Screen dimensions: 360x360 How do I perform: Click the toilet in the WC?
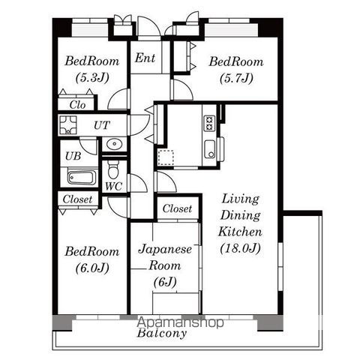tap(114, 169)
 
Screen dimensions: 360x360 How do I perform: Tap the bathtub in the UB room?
tap(82, 177)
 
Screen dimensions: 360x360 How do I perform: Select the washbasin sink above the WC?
tap(114, 144)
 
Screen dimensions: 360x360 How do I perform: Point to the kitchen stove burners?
tap(209, 123)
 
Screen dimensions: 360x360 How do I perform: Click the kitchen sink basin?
tap(209, 149)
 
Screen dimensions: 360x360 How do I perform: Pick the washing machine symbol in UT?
tap(67, 124)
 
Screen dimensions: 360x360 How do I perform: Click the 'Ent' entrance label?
tap(145, 58)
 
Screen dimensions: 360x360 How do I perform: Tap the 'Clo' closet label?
tap(77, 105)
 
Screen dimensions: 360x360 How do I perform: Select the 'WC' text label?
tap(114, 186)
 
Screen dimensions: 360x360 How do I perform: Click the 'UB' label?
tap(73, 156)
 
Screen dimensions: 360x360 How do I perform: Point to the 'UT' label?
tap(102, 125)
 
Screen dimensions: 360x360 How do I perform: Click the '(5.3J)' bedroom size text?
tap(92, 78)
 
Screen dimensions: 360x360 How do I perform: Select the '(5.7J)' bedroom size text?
tap(236, 78)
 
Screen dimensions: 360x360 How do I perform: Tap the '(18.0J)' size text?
tap(241, 248)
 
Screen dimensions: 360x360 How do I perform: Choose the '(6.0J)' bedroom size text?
tap(92, 268)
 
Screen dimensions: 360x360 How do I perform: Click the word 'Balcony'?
tap(162, 333)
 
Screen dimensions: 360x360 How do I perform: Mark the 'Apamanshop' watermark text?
tap(180, 322)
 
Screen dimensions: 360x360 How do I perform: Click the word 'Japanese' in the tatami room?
tap(165, 250)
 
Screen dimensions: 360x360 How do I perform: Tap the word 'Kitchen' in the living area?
tap(240, 232)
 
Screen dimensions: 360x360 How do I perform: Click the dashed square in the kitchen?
tap(165, 157)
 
